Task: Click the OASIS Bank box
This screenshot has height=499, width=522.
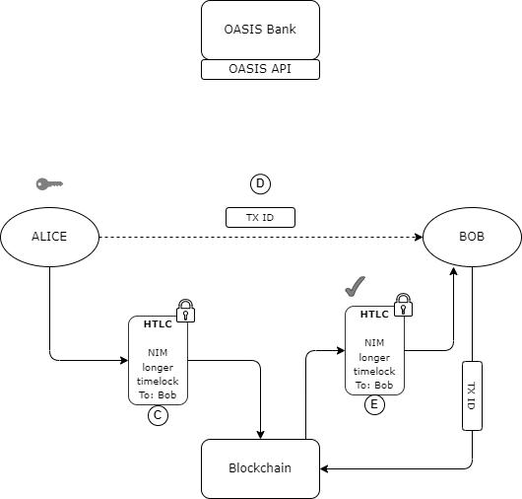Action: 260,30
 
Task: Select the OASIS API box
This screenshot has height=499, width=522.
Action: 260,69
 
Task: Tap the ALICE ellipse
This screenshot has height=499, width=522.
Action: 49,237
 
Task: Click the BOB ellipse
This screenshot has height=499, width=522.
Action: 472,237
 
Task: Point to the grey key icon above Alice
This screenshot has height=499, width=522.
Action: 49,184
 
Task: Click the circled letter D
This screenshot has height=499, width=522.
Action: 260,183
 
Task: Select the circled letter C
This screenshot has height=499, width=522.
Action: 158,415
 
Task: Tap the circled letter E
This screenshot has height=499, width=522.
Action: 374,404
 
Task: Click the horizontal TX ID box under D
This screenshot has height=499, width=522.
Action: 260,217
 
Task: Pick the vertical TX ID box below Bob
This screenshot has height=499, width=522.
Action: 472,395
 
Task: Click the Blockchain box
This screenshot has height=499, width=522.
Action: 260,468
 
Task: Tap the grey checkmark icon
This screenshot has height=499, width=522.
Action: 356,287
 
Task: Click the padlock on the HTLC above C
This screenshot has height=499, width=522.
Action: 185,311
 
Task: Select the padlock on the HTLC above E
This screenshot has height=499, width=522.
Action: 403,305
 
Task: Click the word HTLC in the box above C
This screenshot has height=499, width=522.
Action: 158,324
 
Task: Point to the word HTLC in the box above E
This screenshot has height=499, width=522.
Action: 374,315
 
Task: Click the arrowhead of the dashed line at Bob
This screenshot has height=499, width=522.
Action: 419,237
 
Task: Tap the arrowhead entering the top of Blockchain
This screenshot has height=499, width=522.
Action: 260,435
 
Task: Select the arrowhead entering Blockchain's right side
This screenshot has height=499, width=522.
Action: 324,468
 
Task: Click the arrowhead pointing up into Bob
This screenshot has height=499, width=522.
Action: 453,270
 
